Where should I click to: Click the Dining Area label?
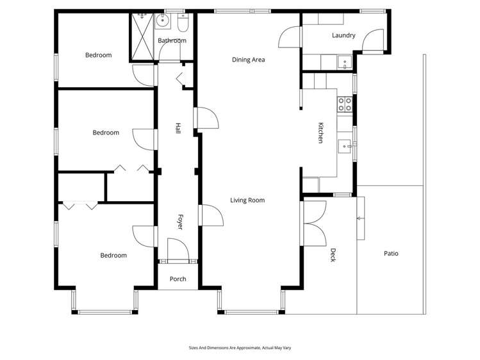pyautogui.click(x=248, y=60)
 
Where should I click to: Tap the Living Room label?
pyautogui.click(x=247, y=200)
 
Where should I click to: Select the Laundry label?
pyautogui.click(x=343, y=36)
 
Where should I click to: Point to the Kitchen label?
pyautogui.click(x=320, y=133)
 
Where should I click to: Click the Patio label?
pyautogui.click(x=391, y=254)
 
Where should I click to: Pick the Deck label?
pyautogui.click(x=333, y=255)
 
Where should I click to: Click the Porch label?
pyautogui.click(x=178, y=279)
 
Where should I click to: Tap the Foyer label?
pyautogui.click(x=180, y=222)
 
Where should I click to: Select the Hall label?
pyautogui.click(x=178, y=128)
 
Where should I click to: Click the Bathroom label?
pyautogui.click(x=172, y=41)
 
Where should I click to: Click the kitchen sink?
pyautogui.click(x=345, y=146)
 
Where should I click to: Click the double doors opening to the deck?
pyautogui.click(x=313, y=222)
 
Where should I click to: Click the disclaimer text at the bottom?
pyautogui.click(x=240, y=348)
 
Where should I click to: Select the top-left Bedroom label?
pyautogui.click(x=98, y=55)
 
